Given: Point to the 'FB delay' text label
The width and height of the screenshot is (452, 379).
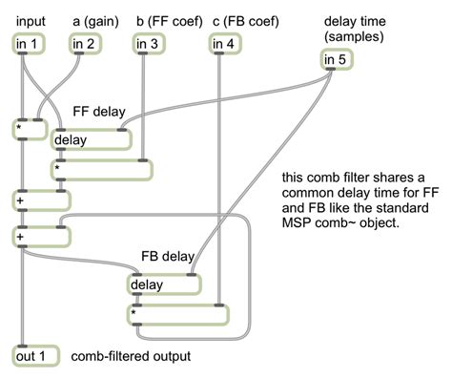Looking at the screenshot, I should [168, 257].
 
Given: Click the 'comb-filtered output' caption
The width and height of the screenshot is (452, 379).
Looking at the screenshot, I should [131, 356].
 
